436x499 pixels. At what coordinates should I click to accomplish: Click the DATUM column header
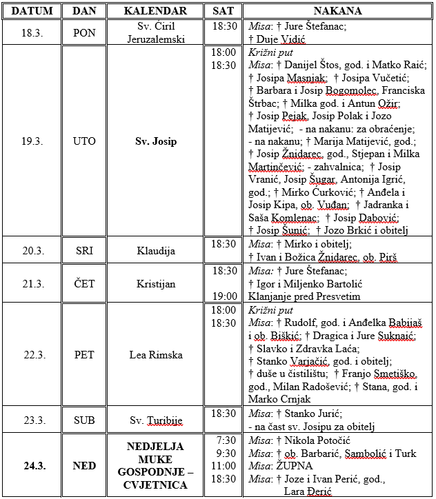pos(32,12)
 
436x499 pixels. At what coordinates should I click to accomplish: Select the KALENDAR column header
pos(156,12)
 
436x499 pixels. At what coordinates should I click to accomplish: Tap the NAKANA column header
pos(338,12)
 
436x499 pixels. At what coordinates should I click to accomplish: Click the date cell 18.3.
pos(32,32)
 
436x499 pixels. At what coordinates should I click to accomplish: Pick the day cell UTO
pos(84,141)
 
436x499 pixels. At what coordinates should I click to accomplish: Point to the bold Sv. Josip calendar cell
pos(156,141)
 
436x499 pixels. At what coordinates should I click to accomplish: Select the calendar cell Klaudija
pos(156,250)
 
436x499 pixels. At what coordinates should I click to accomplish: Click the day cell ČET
pos(84,283)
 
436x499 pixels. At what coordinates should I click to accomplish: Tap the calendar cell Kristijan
pos(156,283)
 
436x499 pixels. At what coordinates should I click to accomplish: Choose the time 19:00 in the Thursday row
pos(225,296)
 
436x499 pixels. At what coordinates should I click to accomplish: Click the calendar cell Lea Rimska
pos(156,355)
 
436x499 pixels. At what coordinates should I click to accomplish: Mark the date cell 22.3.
pos(32,355)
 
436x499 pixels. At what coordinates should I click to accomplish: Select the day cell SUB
pos(84,419)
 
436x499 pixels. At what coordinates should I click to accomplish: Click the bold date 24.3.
pos(32,465)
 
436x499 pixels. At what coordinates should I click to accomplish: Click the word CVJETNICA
pos(155,485)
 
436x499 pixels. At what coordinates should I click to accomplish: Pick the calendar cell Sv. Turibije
pos(156,419)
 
